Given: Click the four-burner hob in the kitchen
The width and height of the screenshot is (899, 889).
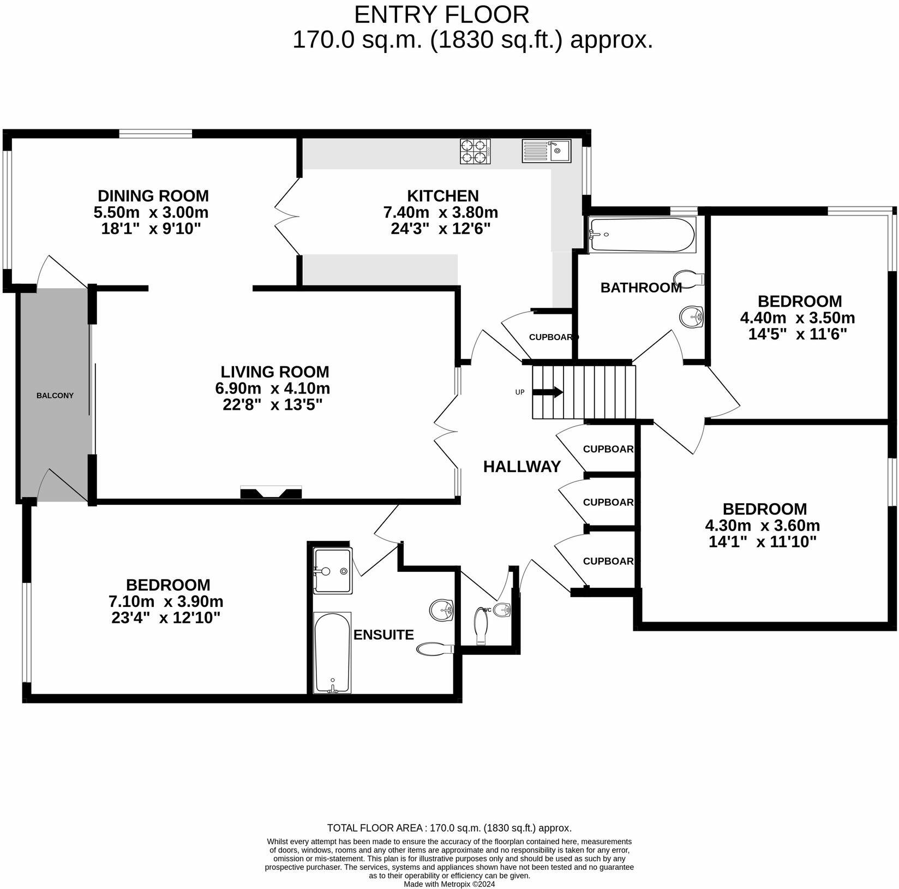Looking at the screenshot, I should tap(475, 152).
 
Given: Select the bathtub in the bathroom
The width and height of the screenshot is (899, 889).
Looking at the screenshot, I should tap(642, 235).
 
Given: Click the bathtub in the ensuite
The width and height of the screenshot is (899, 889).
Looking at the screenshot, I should tap(332, 652).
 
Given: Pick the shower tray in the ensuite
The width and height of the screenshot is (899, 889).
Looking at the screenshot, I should tap(333, 571).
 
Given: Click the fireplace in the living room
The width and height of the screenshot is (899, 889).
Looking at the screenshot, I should tap(271, 492).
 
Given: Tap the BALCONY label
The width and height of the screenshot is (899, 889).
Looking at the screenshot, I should tap(55, 395).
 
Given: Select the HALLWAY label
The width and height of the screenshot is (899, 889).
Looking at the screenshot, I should tap(522, 467).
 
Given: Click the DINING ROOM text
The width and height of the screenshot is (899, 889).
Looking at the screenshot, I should tap(153, 195).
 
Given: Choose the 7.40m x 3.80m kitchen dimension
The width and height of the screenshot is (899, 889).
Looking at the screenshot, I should tap(440, 212).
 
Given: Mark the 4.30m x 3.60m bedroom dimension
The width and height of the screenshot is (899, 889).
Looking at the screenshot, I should tap(762, 526).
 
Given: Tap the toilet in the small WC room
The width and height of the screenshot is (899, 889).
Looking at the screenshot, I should tap(481, 625).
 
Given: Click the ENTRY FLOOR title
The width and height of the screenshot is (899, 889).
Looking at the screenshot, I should tap(441, 15).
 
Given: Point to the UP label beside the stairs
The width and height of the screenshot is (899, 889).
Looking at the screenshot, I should tap(520, 392).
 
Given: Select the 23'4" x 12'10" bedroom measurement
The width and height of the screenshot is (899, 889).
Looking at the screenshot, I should tap(166, 618).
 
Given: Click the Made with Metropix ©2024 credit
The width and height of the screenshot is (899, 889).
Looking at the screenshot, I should tap(449, 884).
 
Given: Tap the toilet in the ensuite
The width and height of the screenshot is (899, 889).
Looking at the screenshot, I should tap(435, 648).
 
